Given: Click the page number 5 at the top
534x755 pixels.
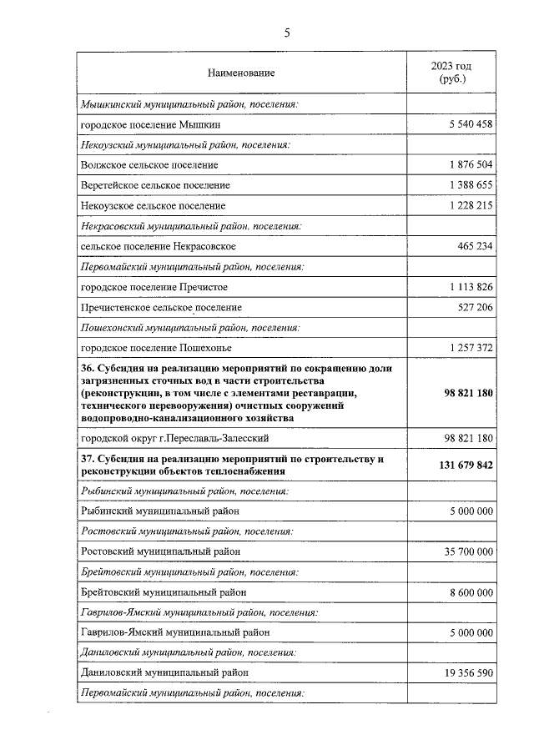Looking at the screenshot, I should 287,33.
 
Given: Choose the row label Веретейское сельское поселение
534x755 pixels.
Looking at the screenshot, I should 155,184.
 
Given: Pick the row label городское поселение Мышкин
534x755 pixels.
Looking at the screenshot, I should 153,124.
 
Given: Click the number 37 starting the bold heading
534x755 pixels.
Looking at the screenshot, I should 87,459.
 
